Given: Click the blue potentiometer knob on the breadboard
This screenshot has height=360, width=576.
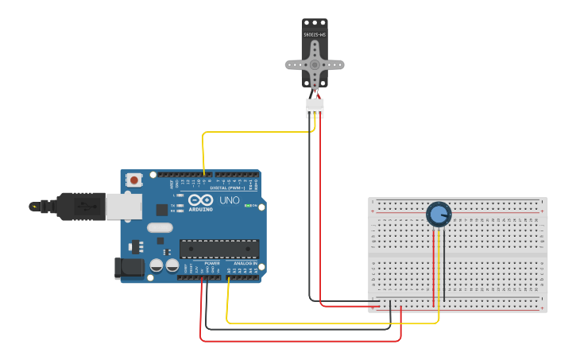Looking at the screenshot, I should coord(439,215).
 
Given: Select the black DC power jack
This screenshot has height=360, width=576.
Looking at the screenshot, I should coord(128,268).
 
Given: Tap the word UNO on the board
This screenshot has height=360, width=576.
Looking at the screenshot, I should coord(229,200).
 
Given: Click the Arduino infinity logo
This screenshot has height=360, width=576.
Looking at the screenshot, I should coord(200,199).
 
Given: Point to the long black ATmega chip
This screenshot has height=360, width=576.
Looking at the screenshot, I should coord(218,249).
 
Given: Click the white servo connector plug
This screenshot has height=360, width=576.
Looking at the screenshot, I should coord(315,107).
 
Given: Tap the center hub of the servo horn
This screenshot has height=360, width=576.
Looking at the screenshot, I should coord(315,65).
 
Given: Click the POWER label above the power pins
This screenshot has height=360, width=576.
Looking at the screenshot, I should coord(211,263).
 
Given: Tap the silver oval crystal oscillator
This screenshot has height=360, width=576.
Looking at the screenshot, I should coord(160,228).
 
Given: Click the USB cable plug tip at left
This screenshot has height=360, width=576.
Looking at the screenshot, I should coord(34,207).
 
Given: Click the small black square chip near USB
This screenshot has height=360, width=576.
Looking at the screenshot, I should coord(162,210).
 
